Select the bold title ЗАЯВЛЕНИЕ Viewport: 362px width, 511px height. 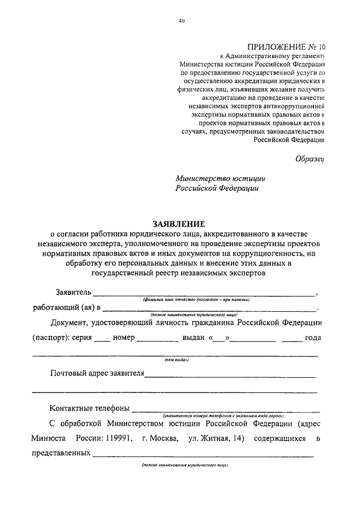[181, 224]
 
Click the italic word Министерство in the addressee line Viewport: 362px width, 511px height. [204, 177]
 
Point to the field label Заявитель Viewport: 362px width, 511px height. [73, 292]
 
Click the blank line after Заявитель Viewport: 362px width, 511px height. [204, 294]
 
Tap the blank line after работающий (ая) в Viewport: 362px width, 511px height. [209, 309]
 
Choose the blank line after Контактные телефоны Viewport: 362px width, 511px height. [226, 410]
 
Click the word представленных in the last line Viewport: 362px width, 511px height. [62, 453]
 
